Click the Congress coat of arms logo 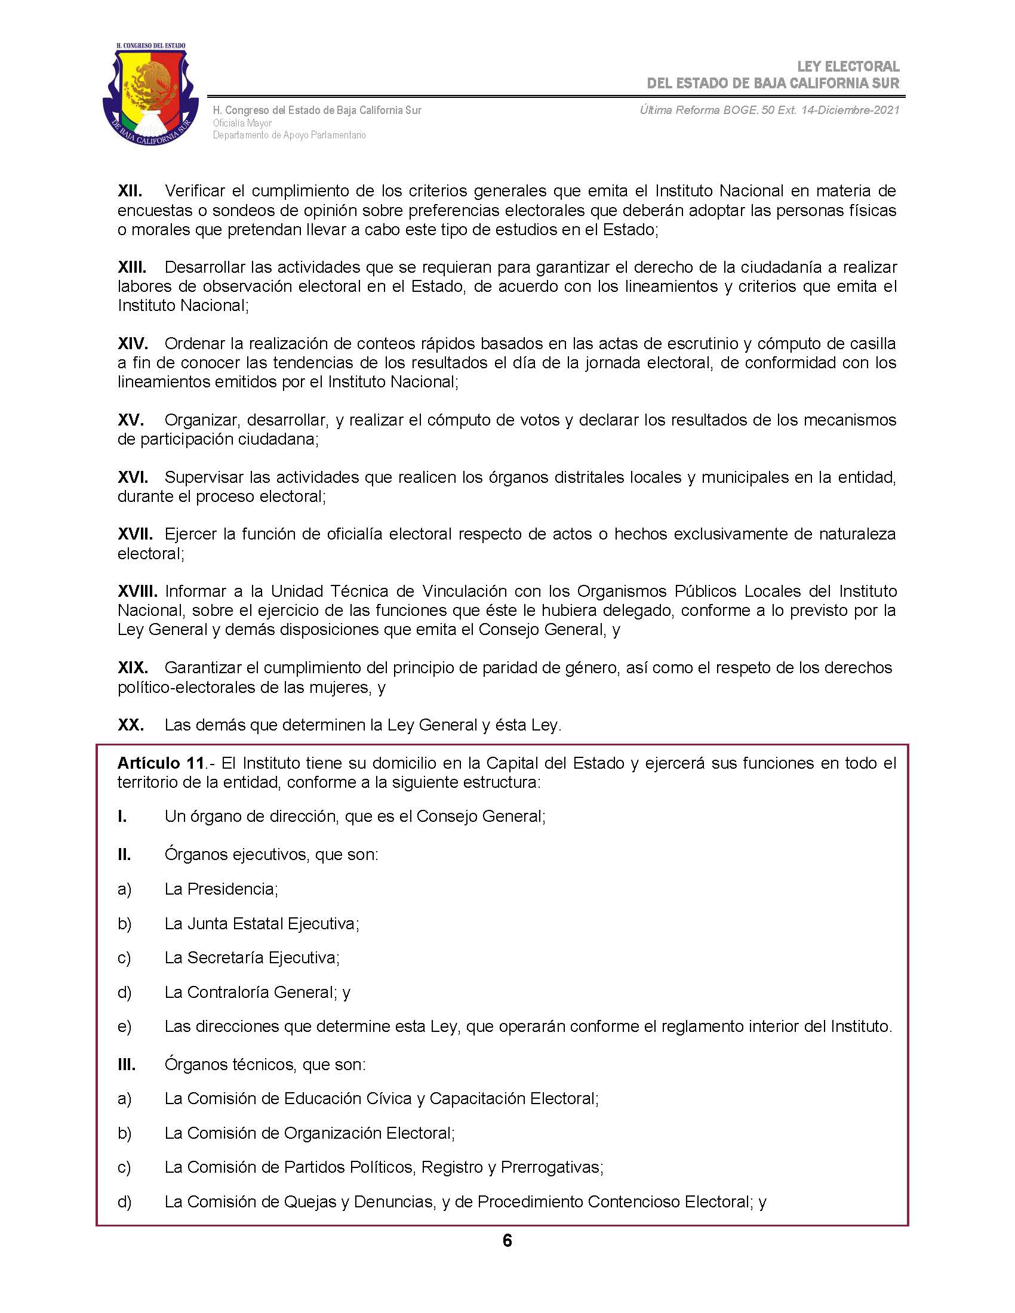pyautogui.click(x=150, y=94)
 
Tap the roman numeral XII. pyautogui.click(x=130, y=190)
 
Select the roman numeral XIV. pyautogui.click(x=133, y=343)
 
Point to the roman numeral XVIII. pyautogui.click(x=137, y=591)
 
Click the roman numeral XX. pyautogui.click(x=131, y=725)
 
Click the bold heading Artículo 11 pyautogui.click(x=161, y=763)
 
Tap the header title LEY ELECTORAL pyautogui.click(x=848, y=66)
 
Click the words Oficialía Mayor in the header pyautogui.click(x=242, y=124)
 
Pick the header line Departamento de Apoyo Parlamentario pyautogui.click(x=288, y=135)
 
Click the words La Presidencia pyautogui.click(x=220, y=889)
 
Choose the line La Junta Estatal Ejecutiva pyautogui.click(x=261, y=923)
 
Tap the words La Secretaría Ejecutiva pyautogui.click(x=251, y=958)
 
